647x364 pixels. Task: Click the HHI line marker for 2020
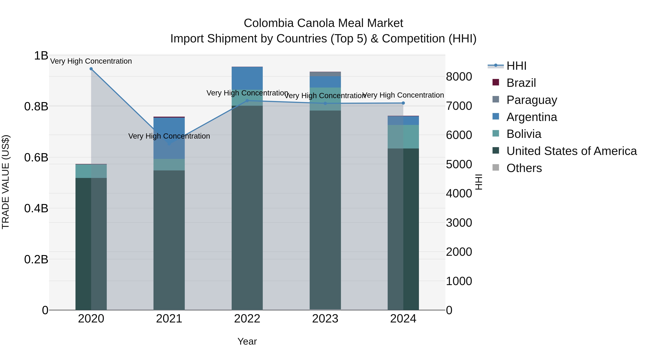point(91,69)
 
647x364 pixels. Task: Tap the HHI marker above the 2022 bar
point(247,101)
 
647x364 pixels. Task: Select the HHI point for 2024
point(403,103)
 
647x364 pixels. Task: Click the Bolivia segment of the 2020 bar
point(91,171)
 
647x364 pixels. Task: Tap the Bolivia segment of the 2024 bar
point(403,137)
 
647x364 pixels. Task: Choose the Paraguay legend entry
point(531,100)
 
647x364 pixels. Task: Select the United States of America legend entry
point(571,151)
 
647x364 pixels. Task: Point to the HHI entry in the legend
point(516,66)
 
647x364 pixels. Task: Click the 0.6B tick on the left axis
point(36,157)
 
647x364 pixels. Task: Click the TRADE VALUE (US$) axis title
point(6,182)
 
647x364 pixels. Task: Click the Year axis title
point(247,341)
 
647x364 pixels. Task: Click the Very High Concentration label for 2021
point(169,136)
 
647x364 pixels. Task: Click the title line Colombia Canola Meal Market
point(323,23)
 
